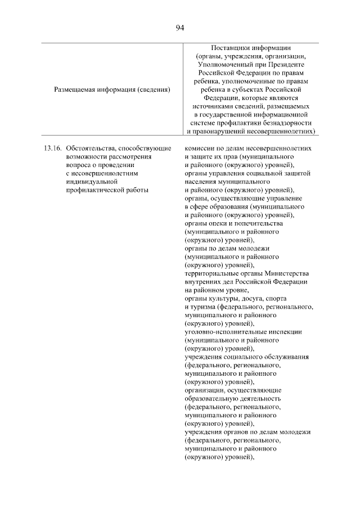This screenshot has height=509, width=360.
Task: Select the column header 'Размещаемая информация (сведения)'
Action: (x=112, y=89)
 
